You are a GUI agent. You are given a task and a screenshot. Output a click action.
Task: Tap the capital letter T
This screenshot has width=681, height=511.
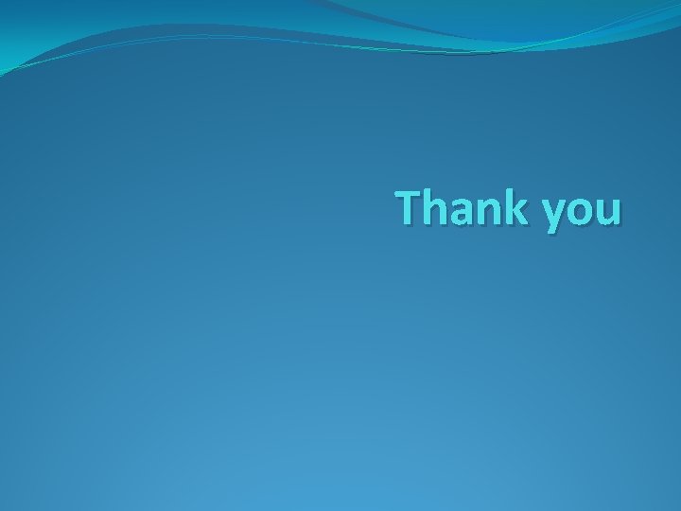[x=409, y=207]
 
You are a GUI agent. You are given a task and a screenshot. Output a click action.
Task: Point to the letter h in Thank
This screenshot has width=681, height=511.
[x=434, y=207]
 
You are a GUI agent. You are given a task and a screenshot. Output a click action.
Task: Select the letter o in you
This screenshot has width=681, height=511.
[x=582, y=212]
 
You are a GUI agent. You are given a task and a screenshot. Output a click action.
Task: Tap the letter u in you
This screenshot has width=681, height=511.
[x=609, y=212]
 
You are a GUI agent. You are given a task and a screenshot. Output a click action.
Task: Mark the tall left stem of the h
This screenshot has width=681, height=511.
[x=427, y=207]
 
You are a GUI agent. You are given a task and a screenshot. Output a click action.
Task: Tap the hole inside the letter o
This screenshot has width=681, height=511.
[x=582, y=212]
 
